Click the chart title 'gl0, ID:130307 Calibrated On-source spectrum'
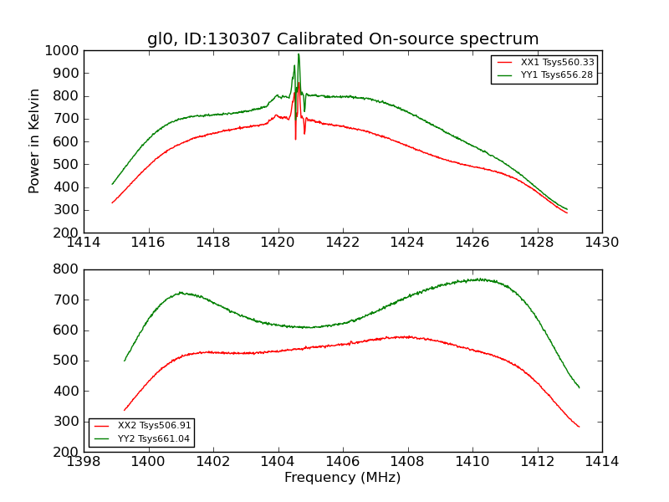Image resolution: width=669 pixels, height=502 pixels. (x=343, y=39)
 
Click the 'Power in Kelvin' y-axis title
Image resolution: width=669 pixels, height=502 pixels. (x=35, y=141)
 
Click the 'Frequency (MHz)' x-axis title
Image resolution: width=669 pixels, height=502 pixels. (x=343, y=478)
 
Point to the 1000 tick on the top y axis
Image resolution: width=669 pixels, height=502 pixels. (x=64, y=50)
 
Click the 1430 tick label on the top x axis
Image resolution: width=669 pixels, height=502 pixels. (x=602, y=243)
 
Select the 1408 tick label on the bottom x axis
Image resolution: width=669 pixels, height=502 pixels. (x=407, y=462)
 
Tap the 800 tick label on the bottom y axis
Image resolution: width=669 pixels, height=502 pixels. (x=68, y=269)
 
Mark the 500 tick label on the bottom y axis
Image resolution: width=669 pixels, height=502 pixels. (x=68, y=361)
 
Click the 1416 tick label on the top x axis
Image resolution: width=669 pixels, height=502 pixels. (x=149, y=243)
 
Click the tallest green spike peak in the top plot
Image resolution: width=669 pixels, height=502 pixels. (x=299, y=54)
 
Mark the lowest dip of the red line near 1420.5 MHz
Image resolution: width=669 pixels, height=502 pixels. (x=295, y=138)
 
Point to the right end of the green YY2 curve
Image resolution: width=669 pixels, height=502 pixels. (x=579, y=387)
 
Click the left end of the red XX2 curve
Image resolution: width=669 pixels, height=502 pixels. (x=124, y=410)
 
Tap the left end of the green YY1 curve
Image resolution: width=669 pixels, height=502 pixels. (x=112, y=184)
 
